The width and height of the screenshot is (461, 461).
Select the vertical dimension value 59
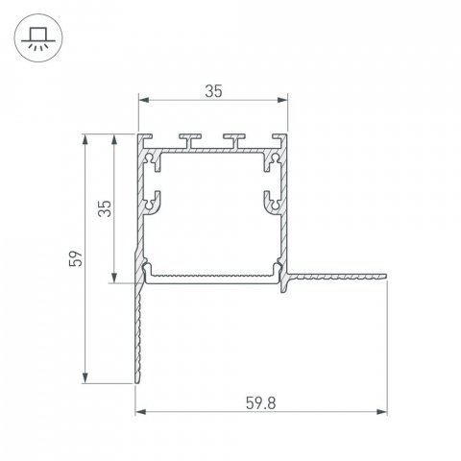tap(77, 257)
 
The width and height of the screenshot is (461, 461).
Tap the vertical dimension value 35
tap(108, 207)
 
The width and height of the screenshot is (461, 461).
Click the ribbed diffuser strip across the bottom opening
tap(213, 277)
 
